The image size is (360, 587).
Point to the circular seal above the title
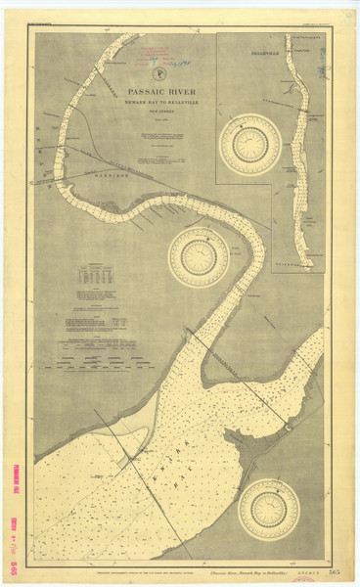[x=157, y=74]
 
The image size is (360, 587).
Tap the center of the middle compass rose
[x=199, y=257]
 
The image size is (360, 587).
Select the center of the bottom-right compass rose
[x=269, y=508]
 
